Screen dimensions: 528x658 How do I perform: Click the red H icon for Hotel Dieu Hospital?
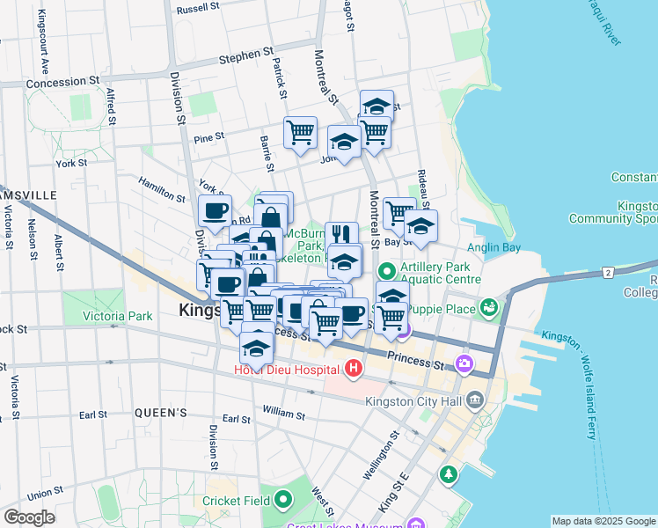point(354,368)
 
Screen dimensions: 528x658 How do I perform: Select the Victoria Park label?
point(117,316)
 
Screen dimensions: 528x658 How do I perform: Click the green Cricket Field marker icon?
point(283,501)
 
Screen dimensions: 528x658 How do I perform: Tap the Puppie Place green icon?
point(488,308)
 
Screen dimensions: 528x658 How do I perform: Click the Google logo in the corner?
point(29,517)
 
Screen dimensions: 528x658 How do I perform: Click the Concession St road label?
point(62,82)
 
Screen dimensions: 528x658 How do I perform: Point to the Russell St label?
point(197,9)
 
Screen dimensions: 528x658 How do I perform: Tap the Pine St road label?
point(209,137)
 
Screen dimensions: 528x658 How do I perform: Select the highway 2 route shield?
point(607,273)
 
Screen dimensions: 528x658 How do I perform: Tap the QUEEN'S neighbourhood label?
point(161,412)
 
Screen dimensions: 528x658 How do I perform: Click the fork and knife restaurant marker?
point(341,234)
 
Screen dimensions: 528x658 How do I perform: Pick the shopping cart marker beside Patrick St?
point(300,132)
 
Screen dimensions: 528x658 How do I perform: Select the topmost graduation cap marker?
point(377,105)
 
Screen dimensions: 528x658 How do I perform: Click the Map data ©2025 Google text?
point(603,521)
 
